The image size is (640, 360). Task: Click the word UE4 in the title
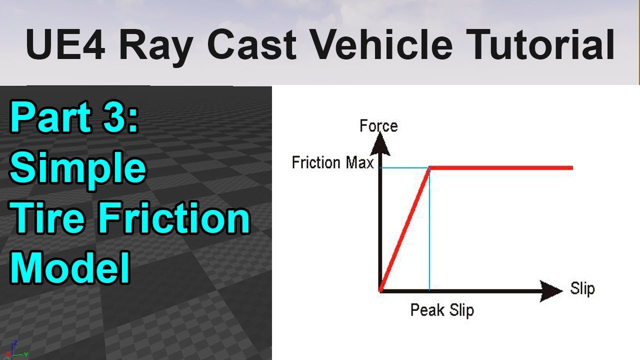(65, 44)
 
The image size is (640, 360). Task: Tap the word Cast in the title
(251, 44)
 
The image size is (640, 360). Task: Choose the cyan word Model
(70, 267)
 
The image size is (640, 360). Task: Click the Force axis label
(378, 126)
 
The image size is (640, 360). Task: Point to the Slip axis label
(582, 288)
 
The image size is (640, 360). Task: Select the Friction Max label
(332, 162)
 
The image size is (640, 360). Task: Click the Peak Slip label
(442, 310)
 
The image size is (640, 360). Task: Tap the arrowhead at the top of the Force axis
(380, 144)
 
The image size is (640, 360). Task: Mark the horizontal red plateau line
(501, 168)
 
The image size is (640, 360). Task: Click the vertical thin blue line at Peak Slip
(429, 228)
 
